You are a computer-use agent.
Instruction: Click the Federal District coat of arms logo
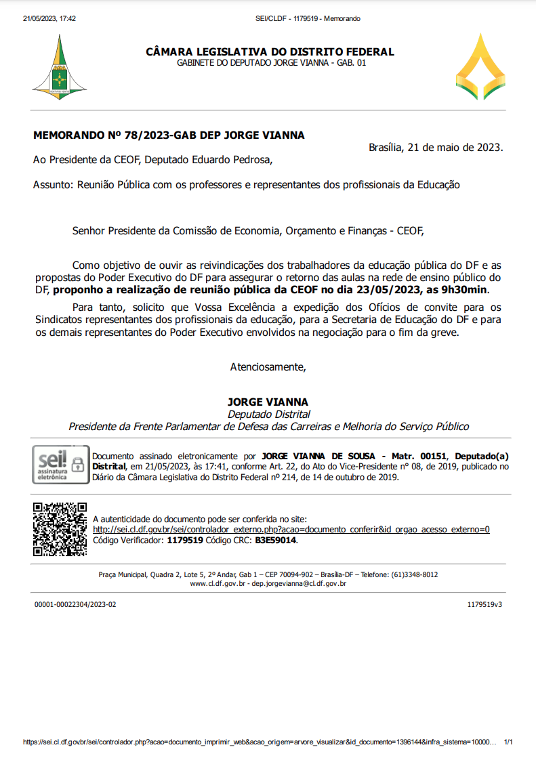point(60,67)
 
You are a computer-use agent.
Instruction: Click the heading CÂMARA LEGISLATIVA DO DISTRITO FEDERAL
point(270,52)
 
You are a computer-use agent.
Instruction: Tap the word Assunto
point(54,184)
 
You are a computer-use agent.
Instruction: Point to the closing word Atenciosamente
point(268,367)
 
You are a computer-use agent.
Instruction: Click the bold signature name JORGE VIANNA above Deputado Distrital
point(268,402)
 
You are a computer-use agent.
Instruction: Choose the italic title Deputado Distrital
point(268,414)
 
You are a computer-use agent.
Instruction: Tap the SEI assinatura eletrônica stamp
point(60,465)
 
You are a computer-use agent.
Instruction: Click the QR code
point(60,529)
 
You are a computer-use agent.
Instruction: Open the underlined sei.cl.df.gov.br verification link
point(291,530)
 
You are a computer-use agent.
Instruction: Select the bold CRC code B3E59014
point(275,541)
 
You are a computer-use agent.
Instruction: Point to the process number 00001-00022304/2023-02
point(75,604)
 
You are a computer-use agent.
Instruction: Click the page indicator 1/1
point(508,742)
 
